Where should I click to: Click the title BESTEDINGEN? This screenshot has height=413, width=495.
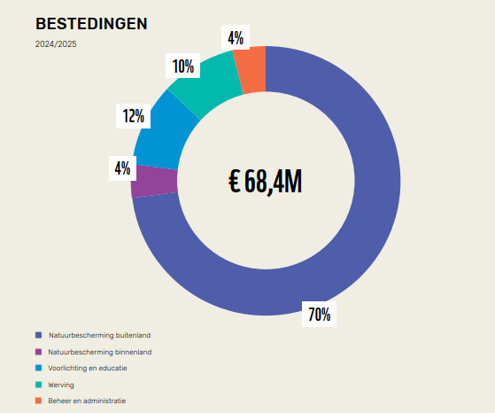(91, 24)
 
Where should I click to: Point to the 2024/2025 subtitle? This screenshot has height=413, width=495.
(56, 43)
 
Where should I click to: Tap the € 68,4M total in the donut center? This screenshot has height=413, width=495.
(266, 182)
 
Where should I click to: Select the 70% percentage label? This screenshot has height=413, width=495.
(319, 313)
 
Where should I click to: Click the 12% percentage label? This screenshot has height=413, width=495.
(134, 115)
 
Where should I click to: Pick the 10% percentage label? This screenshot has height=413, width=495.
(183, 66)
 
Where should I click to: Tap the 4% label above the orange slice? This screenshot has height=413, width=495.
(236, 37)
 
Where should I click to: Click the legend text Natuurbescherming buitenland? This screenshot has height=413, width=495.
(100, 336)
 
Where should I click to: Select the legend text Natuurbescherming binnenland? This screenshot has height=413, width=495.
(100, 352)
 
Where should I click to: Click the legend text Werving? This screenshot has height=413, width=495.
(62, 385)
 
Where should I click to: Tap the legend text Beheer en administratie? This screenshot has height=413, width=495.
(88, 401)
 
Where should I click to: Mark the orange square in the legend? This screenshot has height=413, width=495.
(38, 401)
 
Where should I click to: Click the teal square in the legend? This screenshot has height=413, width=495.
(38, 385)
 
